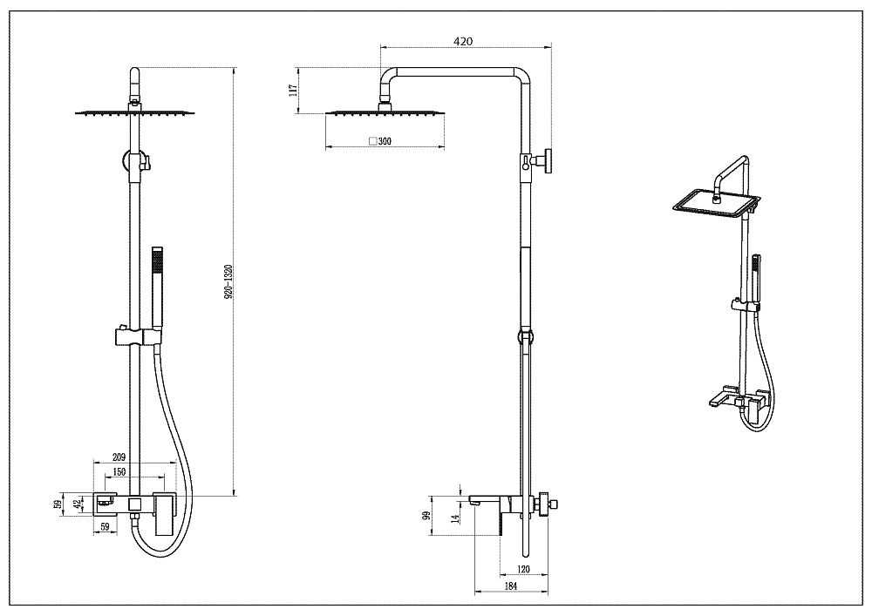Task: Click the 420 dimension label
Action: click(x=463, y=40)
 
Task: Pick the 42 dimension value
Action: click(x=76, y=503)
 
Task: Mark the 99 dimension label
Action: click(x=427, y=516)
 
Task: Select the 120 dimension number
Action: click(x=523, y=569)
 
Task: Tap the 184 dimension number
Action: click(x=511, y=586)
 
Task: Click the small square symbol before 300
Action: click(x=372, y=141)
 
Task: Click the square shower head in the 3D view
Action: click(x=715, y=202)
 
